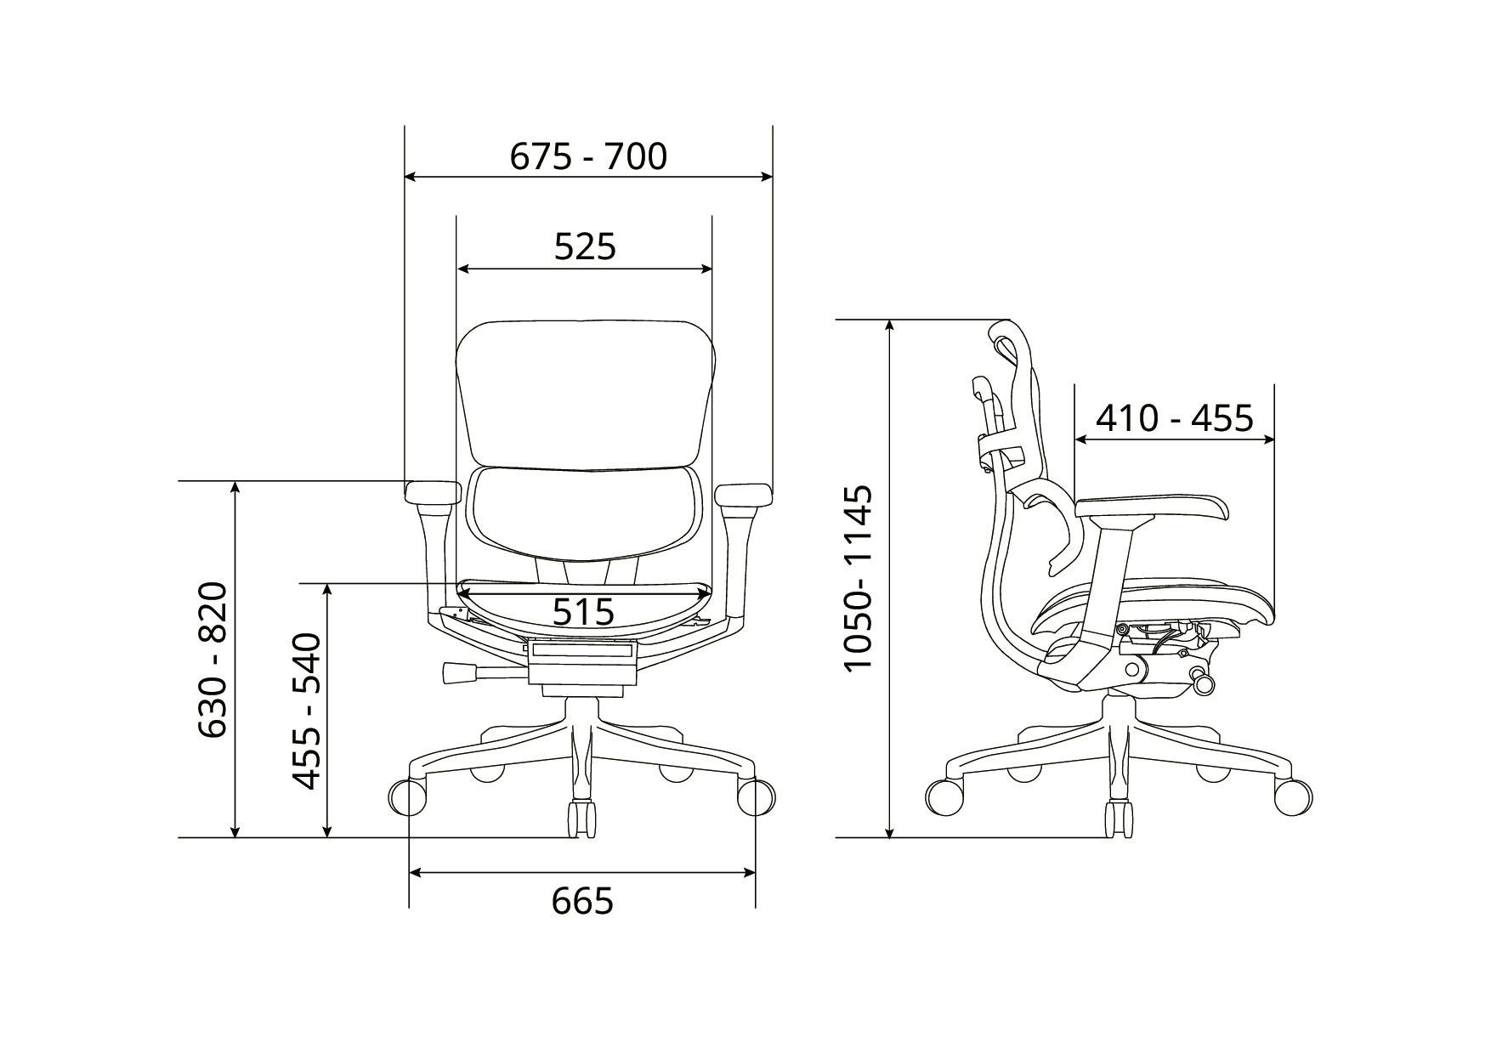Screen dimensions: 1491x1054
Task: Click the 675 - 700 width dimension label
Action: click(x=588, y=156)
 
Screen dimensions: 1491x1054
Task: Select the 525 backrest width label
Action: click(x=585, y=246)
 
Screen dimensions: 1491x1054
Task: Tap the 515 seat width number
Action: click(x=583, y=611)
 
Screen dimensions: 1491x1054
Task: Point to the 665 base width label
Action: click(x=582, y=901)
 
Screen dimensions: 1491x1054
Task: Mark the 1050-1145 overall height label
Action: click(x=858, y=579)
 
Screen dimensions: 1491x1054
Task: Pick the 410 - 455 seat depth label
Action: click(x=1174, y=418)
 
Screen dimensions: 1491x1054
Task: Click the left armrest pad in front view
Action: click(x=434, y=492)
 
